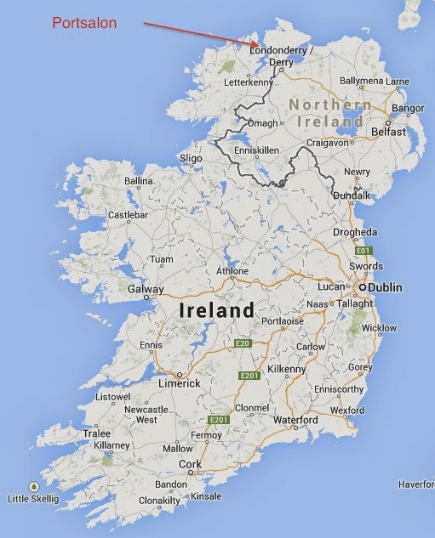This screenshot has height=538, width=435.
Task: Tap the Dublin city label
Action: click(x=386, y=288)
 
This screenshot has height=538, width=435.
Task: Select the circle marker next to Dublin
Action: click(x=363, y=288)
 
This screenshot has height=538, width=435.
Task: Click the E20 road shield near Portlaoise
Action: click(x=243, y=343)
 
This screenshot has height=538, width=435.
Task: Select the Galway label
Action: click(x=146, y=289)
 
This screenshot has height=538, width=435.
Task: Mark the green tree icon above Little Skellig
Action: click(x=33, y=486)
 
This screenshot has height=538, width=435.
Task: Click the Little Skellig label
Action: click(x=33, y=498)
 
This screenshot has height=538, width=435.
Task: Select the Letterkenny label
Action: click(x=249, y=84)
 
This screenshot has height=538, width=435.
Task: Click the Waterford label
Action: click(x=295, y=421)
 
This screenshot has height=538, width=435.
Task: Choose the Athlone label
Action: click(x=232, y=272)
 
